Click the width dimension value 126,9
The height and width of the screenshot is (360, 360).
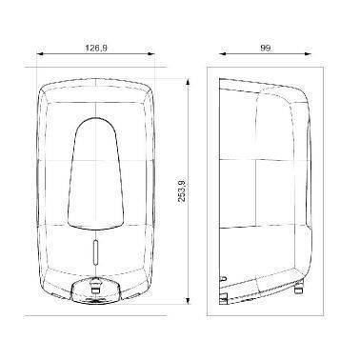(95, 48)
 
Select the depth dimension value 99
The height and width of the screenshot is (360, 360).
(266, 48)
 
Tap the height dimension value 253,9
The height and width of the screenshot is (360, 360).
(182, 190)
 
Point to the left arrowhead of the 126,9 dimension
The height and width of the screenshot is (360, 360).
(40, 54)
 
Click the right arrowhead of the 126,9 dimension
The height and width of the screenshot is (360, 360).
(151, 54)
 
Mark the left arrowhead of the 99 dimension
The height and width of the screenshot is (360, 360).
(223, 54)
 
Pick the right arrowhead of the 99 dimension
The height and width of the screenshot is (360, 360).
(308, 54)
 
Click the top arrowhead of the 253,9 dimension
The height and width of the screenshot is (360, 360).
(188, 82)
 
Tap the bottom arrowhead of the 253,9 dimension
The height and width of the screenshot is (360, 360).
(188, 301)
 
